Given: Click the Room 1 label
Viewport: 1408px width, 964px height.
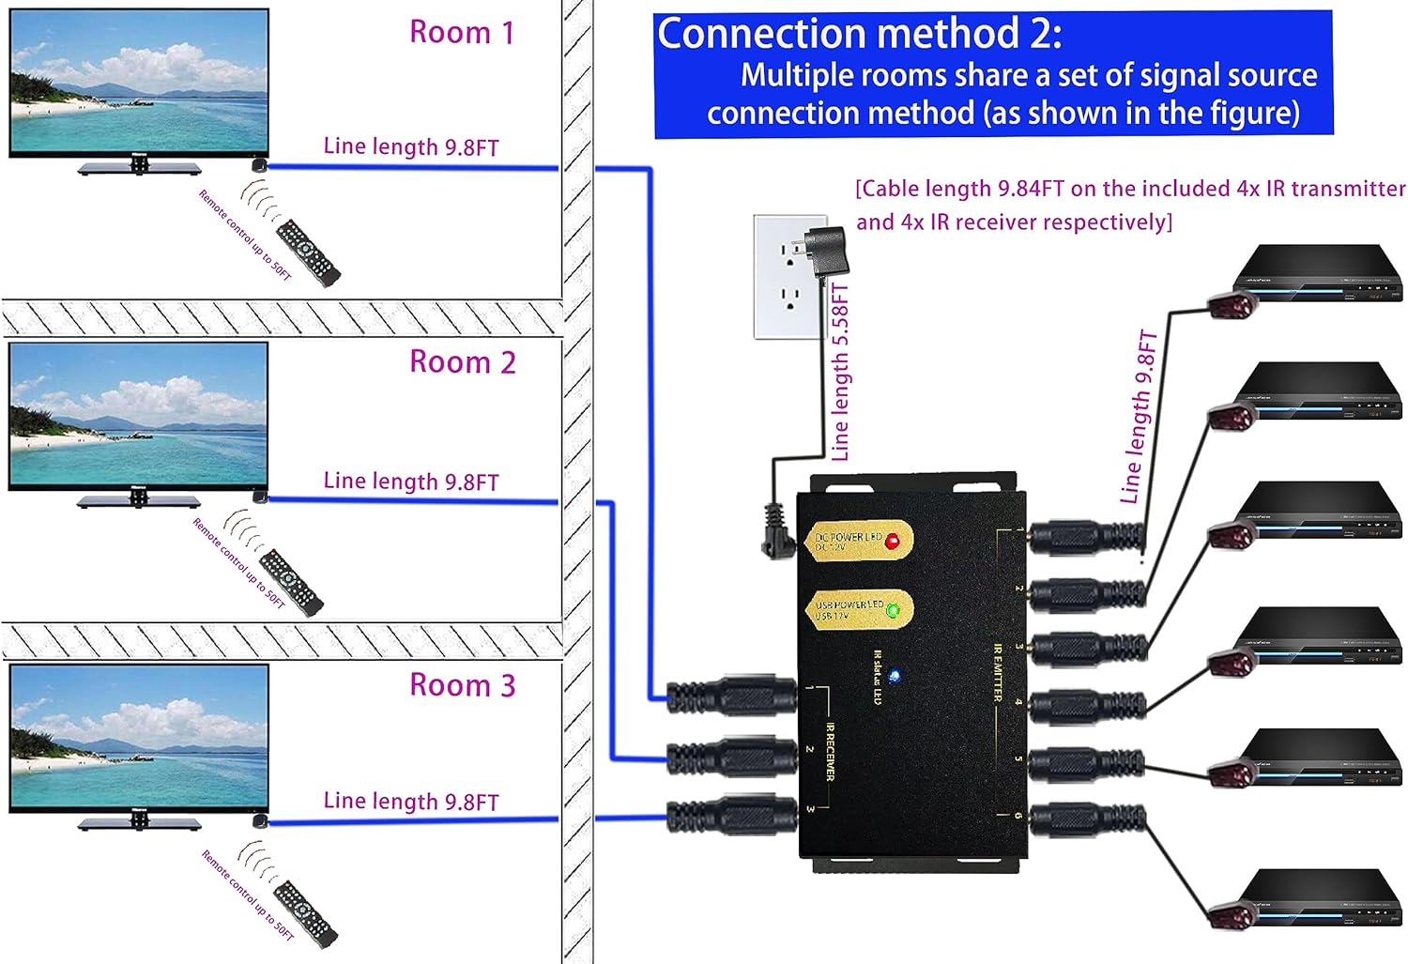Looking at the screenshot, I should coord(462,33).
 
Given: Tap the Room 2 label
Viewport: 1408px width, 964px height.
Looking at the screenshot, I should coord(463,362).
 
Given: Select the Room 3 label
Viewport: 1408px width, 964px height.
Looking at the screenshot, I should coord(463,685).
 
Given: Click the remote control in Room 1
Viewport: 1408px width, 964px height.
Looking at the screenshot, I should coord(308,252).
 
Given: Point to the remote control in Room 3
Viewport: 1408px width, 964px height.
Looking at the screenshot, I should coord(304,912).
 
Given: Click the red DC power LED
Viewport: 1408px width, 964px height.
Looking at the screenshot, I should coord(892,542).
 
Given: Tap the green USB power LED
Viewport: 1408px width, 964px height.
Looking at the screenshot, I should coord(893,611).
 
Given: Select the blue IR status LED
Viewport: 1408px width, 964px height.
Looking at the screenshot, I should coord(894,676).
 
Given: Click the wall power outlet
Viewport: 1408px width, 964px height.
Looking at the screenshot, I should coord(789,276).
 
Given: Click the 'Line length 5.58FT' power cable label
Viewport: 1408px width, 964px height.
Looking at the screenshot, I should coord(840,373).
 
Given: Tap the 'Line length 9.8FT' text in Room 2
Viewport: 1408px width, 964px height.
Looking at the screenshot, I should coord(410,482).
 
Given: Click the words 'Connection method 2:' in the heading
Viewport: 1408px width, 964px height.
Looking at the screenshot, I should coord(859,35).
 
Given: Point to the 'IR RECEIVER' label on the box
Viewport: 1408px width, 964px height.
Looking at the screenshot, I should coord(830,751).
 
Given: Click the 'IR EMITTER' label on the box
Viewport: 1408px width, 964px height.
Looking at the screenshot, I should coord(997,672).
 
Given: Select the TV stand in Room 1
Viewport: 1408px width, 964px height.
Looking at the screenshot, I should coord(139,167).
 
